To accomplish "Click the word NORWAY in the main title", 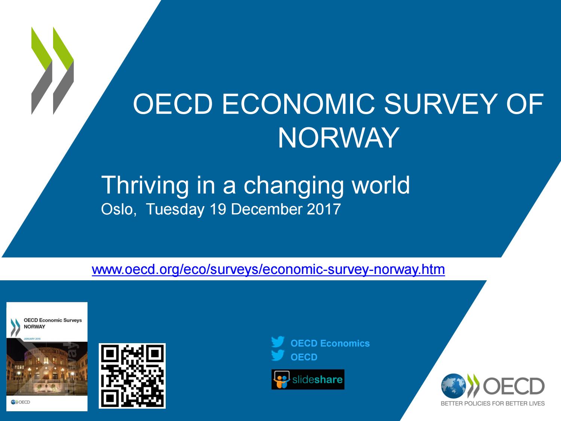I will [338, 138].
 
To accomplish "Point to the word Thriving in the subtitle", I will [145, 185].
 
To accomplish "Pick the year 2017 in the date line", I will [324, 209].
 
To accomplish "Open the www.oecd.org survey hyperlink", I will [268, 269].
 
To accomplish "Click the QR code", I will [132, 376].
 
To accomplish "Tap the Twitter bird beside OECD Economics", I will [278, 342].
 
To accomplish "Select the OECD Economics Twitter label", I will [330, 343].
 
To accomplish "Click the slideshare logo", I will [308, 379].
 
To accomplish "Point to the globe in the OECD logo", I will [453, 386].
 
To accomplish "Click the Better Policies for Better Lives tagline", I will [493, 403].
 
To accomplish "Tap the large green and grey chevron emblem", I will [52, 70].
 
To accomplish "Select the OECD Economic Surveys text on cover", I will [52, 320].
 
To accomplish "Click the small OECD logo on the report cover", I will [21, 402].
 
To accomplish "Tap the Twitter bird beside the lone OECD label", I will [278, 355].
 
